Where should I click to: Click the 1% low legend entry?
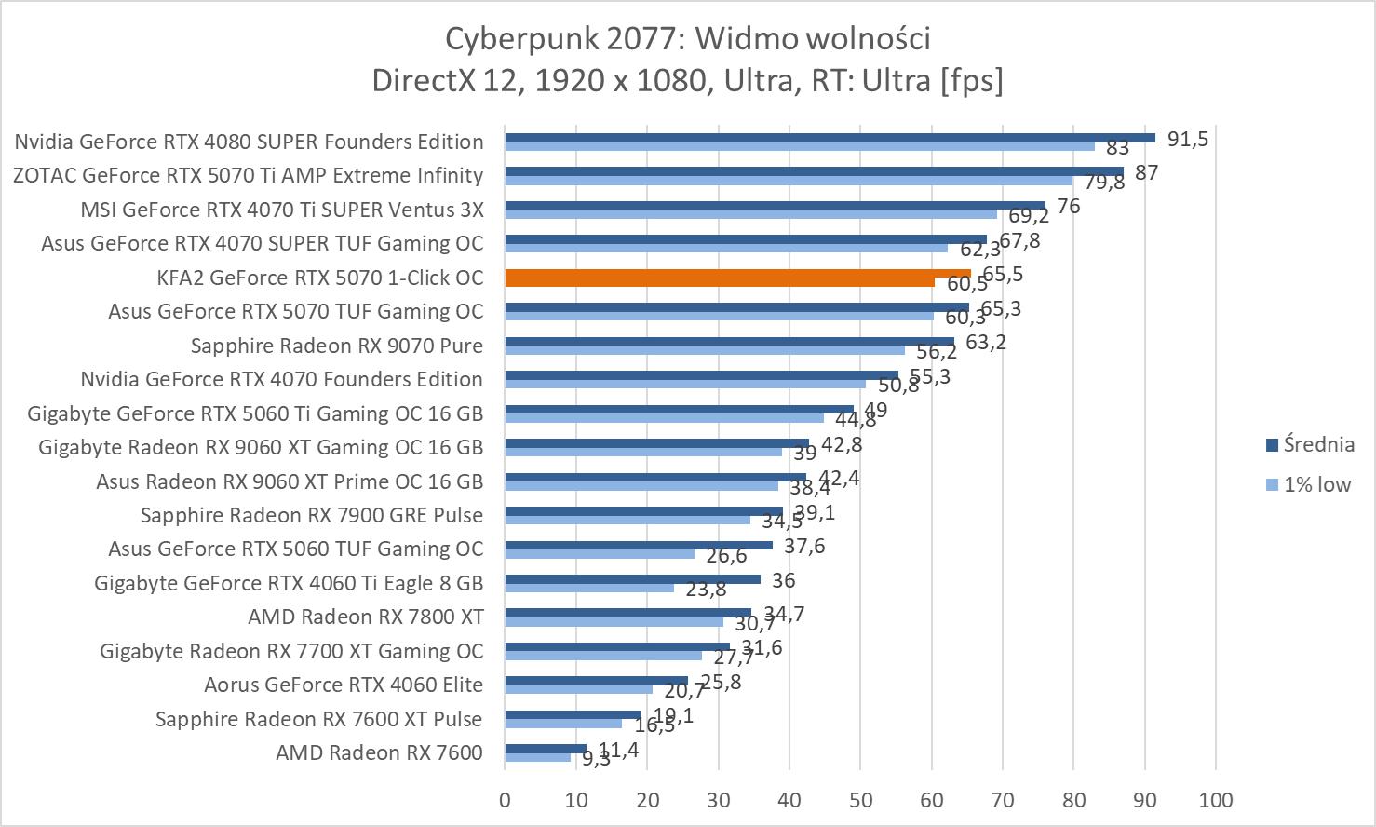(x=1316, y=484)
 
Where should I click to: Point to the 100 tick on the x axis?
(x=1216, y=799)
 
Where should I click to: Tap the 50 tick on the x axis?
(x=860, y=799)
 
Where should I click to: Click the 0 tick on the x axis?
(x=505, y=799)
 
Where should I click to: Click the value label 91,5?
(x=1188, y=140)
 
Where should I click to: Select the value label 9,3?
(x=596, y=759)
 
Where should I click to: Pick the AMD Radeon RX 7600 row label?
(x=379, y=752)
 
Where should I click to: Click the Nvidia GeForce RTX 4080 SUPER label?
(x=249, y=142)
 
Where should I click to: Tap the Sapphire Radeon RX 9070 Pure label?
(x=337, y=346)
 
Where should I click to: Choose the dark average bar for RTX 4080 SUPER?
(x=829, y=138)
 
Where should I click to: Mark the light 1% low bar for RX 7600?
(x=537, y=758)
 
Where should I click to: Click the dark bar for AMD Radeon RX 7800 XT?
(x=627, y=613)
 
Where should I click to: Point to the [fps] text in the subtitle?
(x=973, y=80)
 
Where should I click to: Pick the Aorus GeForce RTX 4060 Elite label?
(x=344, y=685)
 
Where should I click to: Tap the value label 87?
(x=1146, y=173)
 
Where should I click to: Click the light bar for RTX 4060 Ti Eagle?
(x=588, y=588)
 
